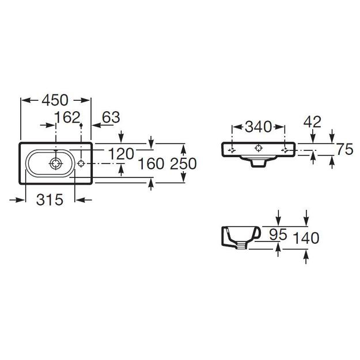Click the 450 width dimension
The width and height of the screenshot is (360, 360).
(x=55, y=100)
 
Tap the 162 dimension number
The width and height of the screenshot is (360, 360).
(x=67, y=118)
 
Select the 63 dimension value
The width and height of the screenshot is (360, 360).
(x=111, y=118)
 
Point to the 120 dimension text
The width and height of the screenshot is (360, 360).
(x=121, y=154)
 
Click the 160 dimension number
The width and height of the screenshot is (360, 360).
(x=151, y=164)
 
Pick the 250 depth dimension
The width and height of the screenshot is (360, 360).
(x=183, y=164)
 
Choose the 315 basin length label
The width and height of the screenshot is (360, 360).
(x=50, y=200)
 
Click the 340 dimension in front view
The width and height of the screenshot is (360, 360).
(x=258, y=127)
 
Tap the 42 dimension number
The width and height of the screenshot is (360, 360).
(x=312, y=122)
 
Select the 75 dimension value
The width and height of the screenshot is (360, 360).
(x=345, y=149)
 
